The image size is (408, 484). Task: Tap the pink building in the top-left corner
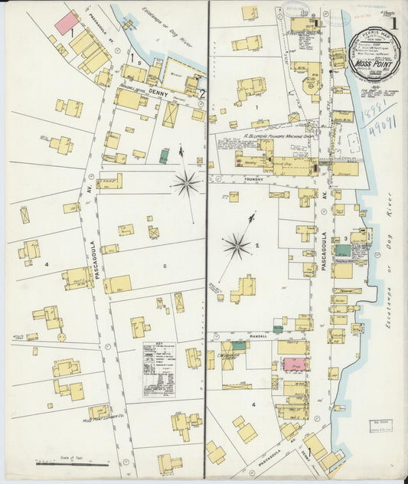coord(66,22)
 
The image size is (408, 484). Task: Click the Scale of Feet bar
coord(83,463)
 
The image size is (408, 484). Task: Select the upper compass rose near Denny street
coord(186,182)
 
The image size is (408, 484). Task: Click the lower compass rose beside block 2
coord(237,246)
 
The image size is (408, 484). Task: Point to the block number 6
coord(164,266)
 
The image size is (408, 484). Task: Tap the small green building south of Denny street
coord(163,156)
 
